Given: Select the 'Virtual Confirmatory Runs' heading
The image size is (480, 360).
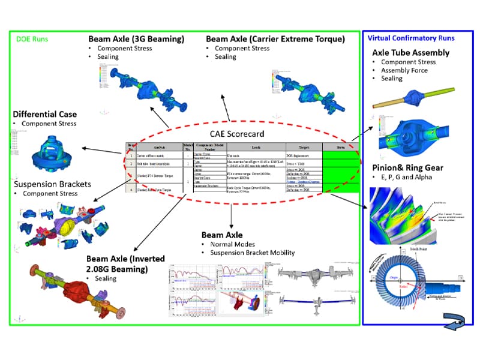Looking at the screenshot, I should click(x=410, y=38).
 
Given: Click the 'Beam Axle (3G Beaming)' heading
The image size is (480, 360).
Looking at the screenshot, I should click(x=136, y=39).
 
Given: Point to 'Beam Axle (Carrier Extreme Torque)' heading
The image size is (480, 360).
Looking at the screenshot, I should click(x=275, y=39).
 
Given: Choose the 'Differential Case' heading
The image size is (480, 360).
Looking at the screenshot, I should click(x=44, y=114).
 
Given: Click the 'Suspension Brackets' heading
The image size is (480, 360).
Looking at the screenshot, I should click(x=53, y=184).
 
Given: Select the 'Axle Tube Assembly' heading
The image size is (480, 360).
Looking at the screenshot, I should click(x=411, y=52).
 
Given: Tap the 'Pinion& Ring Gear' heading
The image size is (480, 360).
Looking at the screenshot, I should click(x=408, y=167).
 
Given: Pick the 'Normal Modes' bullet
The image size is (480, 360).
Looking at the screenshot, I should click(x=235, y=244).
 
